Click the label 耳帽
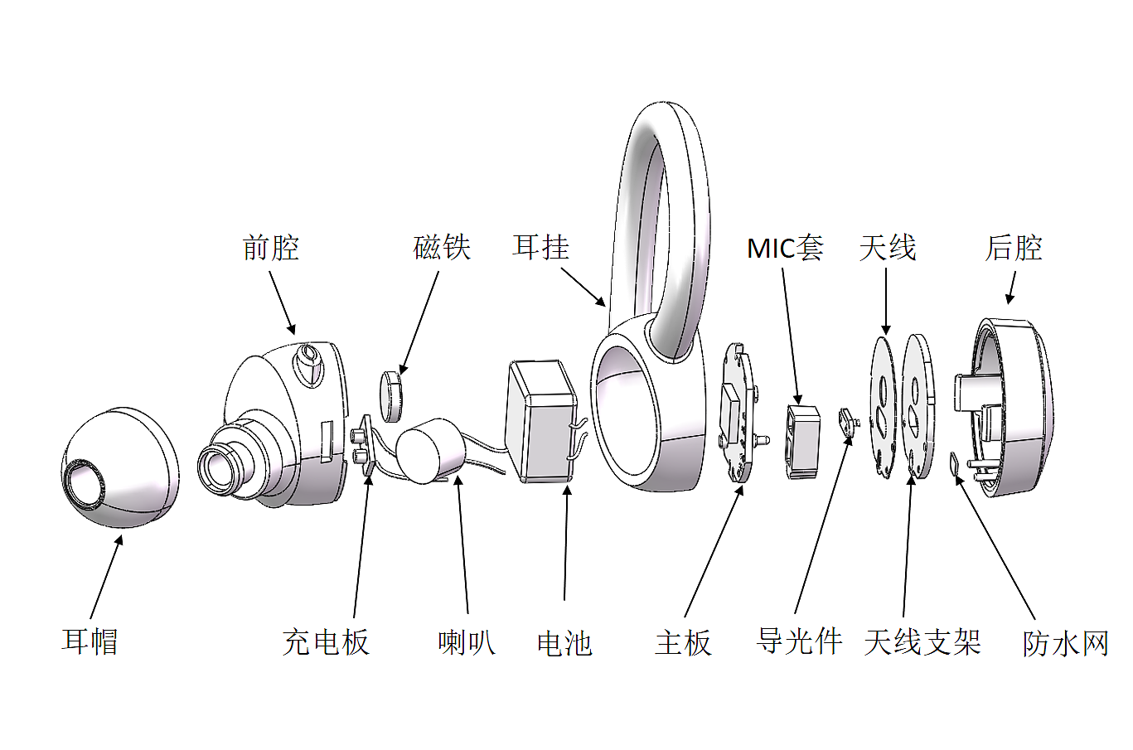[90, 641]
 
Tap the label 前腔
[270, 248]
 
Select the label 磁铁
[442, 248]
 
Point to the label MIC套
[784, 248]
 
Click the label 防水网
[1065, 643]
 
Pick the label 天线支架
[922, 642]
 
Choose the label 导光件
[799, 641]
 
